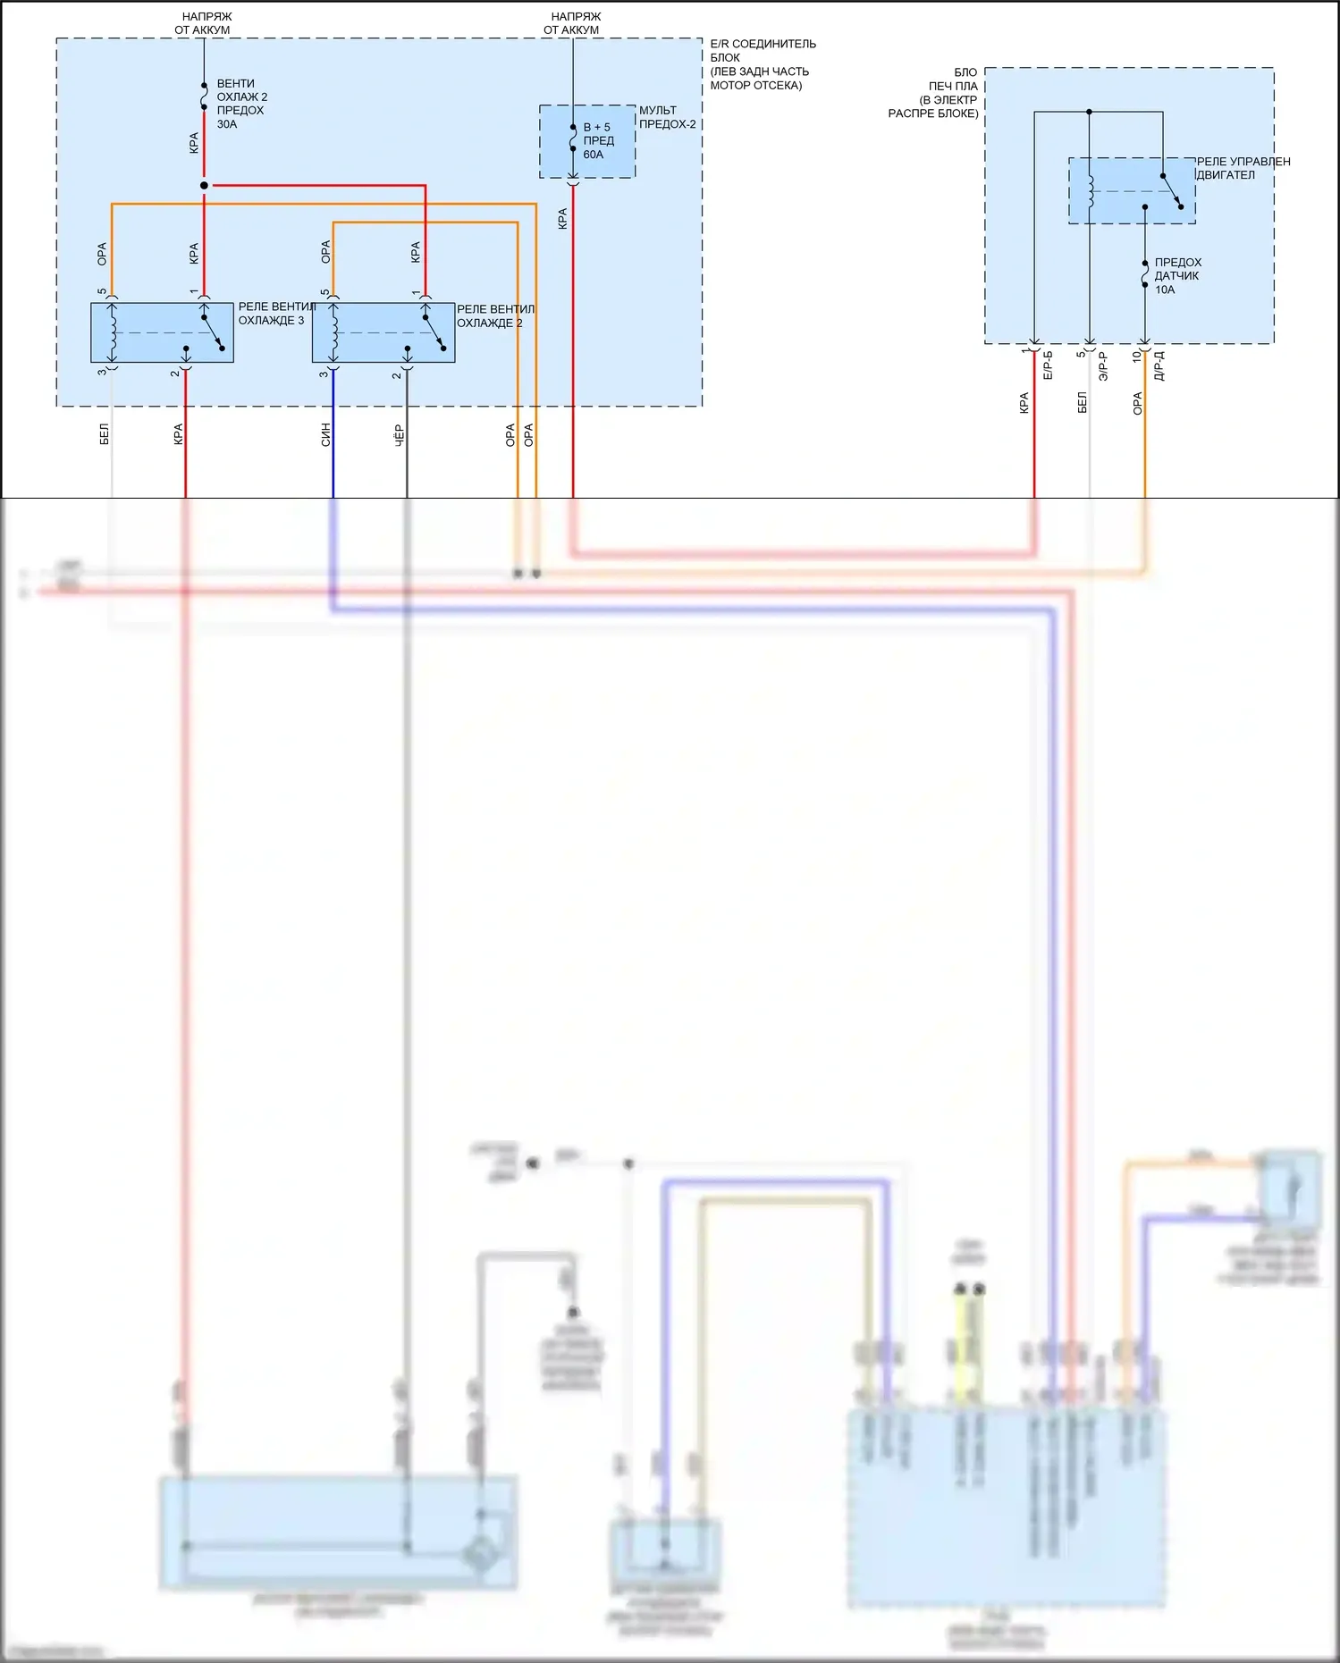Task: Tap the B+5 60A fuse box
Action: [x=587, y=141]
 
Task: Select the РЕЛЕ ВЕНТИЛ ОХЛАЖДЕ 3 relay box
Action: [x=162, y=332]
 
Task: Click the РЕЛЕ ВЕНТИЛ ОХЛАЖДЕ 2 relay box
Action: [x=383, y=333]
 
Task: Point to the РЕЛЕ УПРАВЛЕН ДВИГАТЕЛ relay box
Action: [x=1132, y=190]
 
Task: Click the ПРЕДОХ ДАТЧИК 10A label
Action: [x=1177, y=275]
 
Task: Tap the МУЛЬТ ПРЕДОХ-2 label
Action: [x=667, y=117]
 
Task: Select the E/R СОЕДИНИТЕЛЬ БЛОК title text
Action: [x=762, y=64]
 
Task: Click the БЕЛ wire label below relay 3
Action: [x=105, y=434]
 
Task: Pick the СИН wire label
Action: [x=325, y=434]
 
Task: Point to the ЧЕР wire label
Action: [x=399, y=434]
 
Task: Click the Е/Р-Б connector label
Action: [x=1048, y=365]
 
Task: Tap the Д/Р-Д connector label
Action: [x=1159, y=365]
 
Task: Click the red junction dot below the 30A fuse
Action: [x=204, y=185]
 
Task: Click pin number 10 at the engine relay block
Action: [x=1136, y=356]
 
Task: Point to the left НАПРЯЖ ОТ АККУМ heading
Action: [x=204, y=23]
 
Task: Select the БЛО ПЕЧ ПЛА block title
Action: [x=935, y=93]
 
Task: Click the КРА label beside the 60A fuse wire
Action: [x=562, y=219]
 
